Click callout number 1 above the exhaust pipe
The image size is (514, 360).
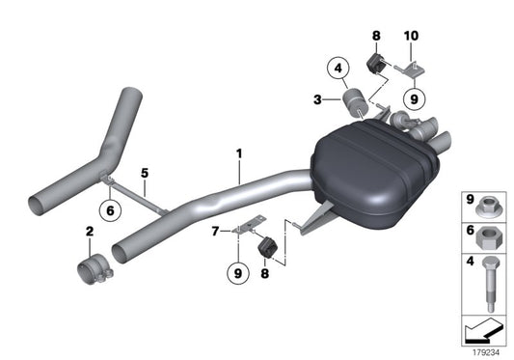(240, 153)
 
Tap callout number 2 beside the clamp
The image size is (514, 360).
(89, 233)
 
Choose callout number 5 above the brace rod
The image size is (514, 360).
(145, 175)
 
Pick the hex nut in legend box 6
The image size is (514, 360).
(488, 235)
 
